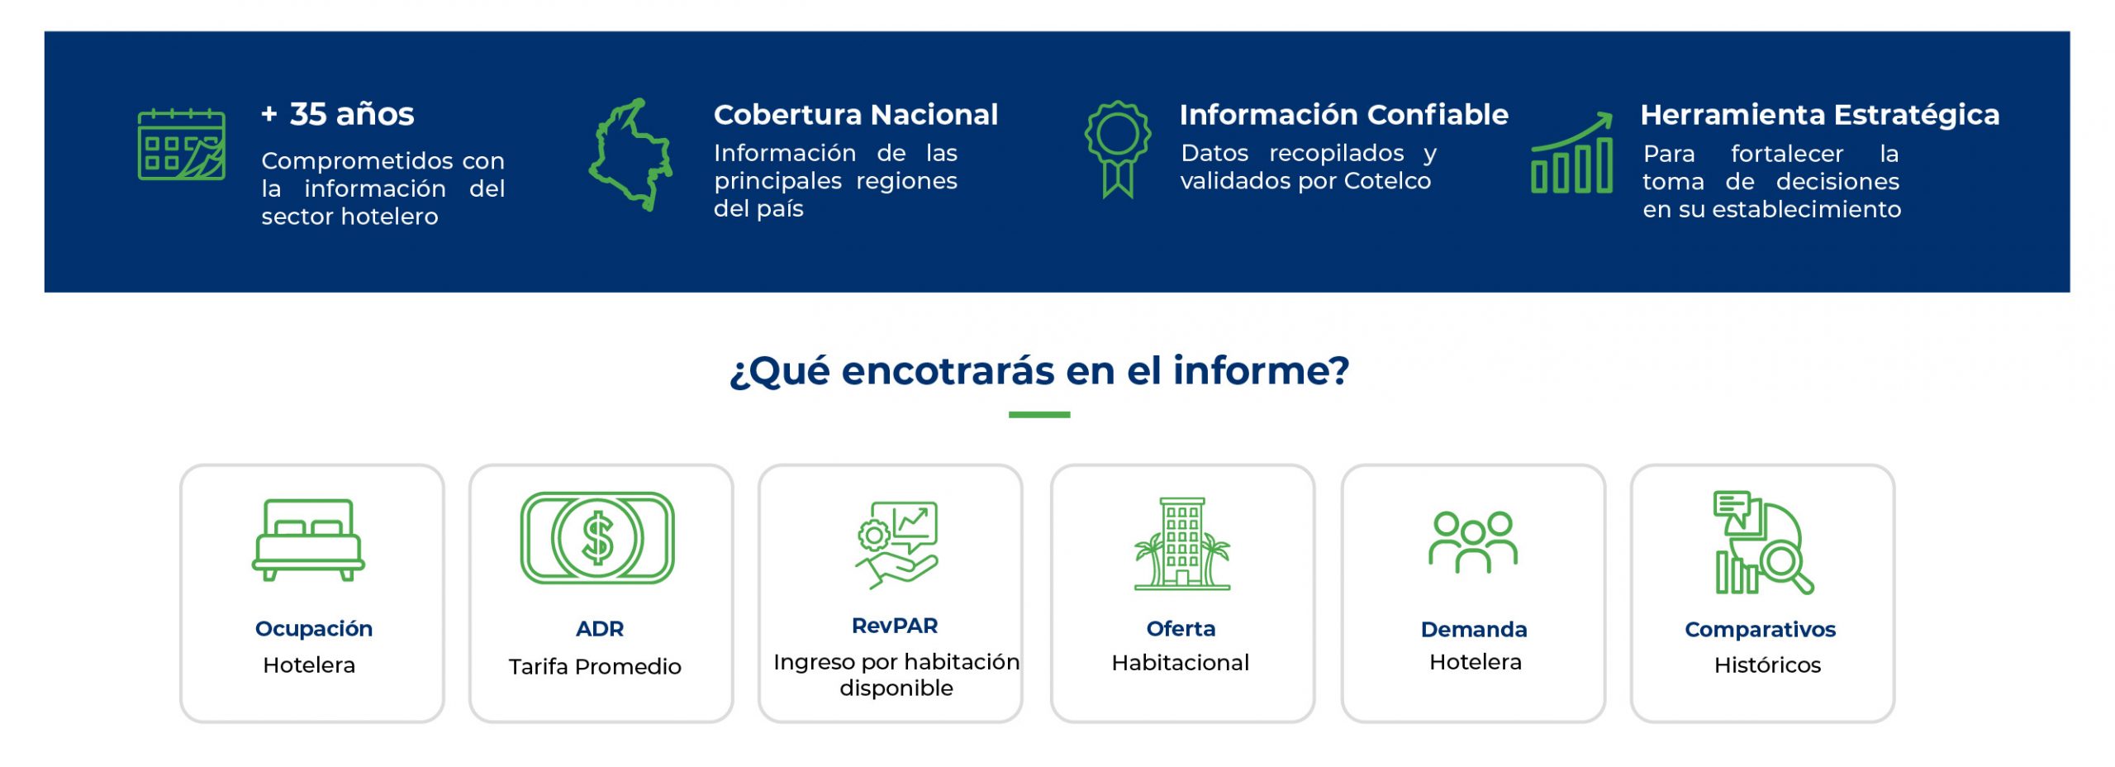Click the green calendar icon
tap(181, 144)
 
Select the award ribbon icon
tap(1117, 149)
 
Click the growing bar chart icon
tap(1571, 153)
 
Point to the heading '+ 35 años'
tap(338, 114)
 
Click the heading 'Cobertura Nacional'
tap(856, 114)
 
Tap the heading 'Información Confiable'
tap(1344, 114)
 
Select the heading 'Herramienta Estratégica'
tap(1820, 114)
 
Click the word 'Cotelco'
tap(1387, 180)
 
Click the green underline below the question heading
tap(1039, 415)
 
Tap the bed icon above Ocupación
tap(308, 540)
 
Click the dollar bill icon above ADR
tap(597, 538)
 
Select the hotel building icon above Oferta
tap(1182, 543)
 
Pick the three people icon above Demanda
tap(1473, 542)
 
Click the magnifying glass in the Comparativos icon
tap(1785, 565)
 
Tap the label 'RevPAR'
tap(895, 626)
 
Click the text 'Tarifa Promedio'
tap(595, 666)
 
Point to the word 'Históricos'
tap(1767, 665)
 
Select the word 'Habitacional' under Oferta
tap(1181, 662)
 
